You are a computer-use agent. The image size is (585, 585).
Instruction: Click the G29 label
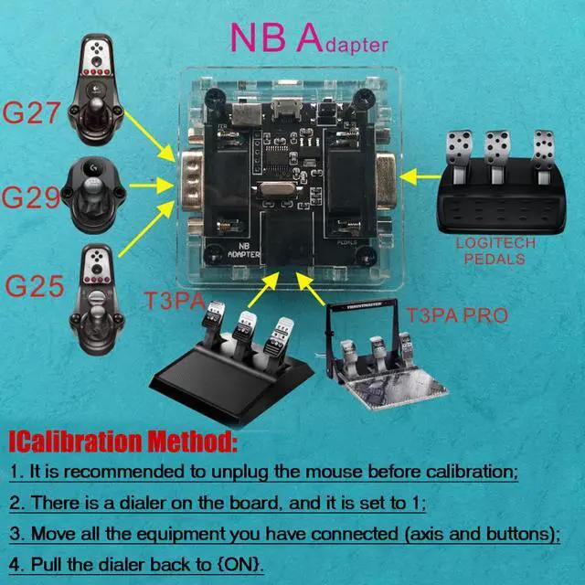coord(31,196)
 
